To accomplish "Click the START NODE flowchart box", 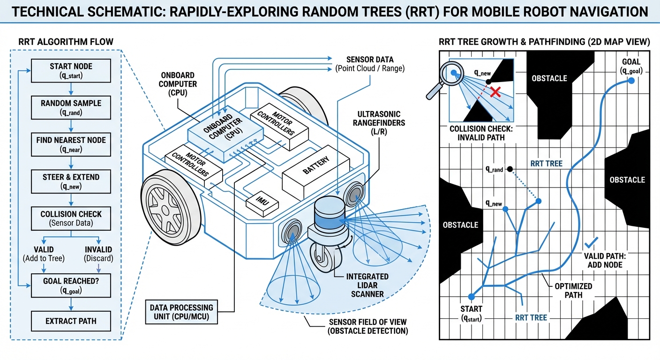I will tap(71, 70).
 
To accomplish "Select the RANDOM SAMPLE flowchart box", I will tap(71, 107).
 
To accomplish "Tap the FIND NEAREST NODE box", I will tap(71, 144).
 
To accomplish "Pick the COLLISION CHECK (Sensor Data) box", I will tap(71, 218).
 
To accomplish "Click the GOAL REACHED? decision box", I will tap(71, 285).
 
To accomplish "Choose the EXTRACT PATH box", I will tap(71, 321).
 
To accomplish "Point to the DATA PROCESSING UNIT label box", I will tap(181, 312).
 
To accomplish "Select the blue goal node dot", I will tap(631, 81).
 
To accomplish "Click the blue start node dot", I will tap(471, 297).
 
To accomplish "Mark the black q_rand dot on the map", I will tap(510, 169).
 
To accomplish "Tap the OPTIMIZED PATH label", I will tap(573, 290).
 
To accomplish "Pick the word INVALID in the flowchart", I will tap(99, 250).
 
